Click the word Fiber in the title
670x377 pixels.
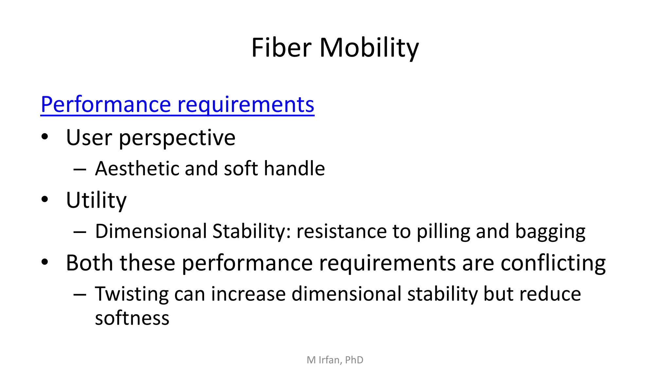[x=281, y=48]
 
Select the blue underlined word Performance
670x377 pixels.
[x=106, y=105]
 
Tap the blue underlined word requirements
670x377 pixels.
[x=246, y=105]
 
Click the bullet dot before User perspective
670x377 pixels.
[x=45, y=136]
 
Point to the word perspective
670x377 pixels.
[x=177, y=138]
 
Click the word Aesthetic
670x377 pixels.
[x=137, y=169]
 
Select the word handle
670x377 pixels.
[x=294, y=169]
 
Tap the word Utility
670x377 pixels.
[x=96, y=200]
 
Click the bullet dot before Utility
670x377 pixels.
[x=45, y=199]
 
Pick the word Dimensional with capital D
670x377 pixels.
[x=151, y=231]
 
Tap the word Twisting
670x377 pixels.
[x=132, y=294]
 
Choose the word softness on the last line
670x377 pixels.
[x=132, y=318]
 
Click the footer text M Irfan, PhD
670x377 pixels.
[x=335, y=360]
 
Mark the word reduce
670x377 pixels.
[x=550, y=294]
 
